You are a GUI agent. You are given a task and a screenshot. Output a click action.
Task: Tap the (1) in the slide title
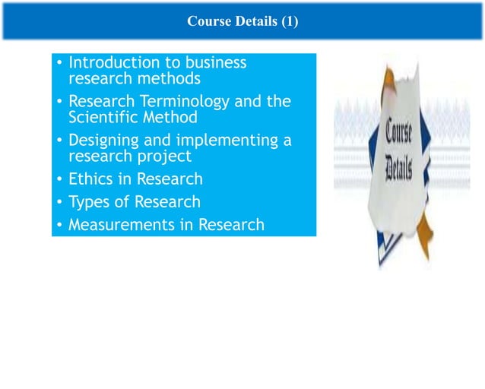pyautogui.click(x=288, y=22)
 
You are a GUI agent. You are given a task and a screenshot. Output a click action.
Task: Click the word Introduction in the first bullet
pyautogui.click(x=114, y=62)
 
